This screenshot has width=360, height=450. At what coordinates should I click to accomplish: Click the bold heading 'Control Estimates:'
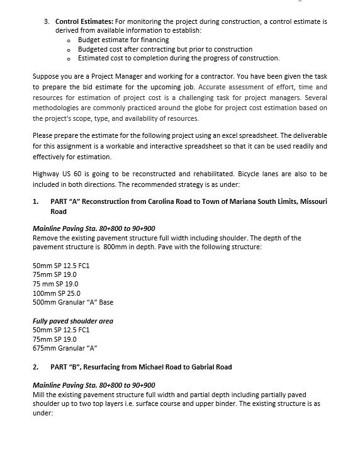point(82,21)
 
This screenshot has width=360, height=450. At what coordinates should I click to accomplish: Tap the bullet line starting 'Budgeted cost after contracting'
point(156,49)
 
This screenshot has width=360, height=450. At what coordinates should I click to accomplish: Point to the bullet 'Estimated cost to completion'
point(178,58)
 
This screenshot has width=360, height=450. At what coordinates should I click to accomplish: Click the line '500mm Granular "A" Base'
point(72,302)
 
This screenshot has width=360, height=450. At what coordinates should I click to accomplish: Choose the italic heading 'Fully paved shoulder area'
point(72,321)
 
